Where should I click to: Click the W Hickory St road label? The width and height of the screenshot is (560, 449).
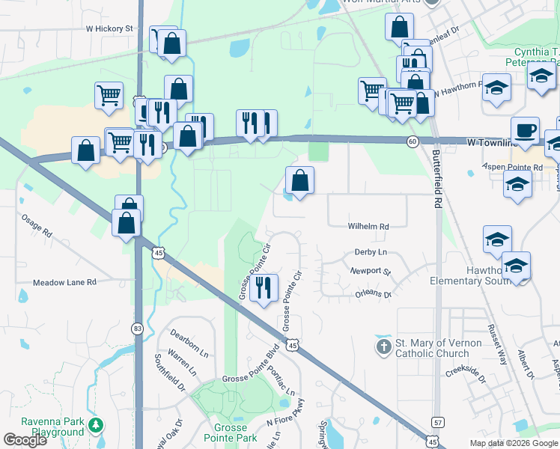tap(109, 28)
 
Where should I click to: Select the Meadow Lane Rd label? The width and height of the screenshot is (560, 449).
tap(65, 283)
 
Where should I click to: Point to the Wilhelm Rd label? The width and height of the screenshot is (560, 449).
tap(368, 226)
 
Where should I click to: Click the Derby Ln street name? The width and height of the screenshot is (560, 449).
tap(371, 253)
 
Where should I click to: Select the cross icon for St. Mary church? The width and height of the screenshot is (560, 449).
tap(383, 346)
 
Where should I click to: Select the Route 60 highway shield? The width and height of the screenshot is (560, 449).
tap(413, 141)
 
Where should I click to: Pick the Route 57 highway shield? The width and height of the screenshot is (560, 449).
tap(438, 423)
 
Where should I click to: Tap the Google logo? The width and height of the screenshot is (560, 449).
tap(25, 440)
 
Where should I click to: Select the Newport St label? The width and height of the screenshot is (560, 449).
tap(371, 271)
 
